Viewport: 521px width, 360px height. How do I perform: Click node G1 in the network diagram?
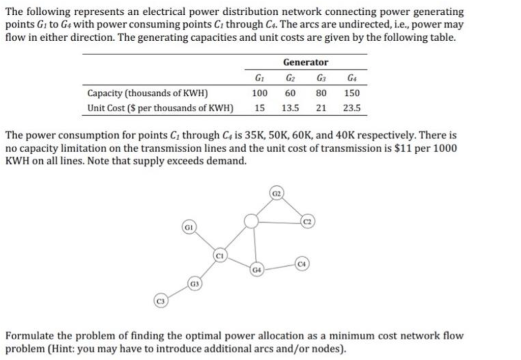[x=188, y=226]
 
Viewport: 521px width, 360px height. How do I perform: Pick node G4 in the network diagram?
[x=256, y=270]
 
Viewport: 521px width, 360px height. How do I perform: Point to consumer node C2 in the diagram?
[x=307, y=221]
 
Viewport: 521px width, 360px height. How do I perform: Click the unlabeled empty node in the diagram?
[x=250, y=221]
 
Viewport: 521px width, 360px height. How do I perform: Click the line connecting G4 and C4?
[x=279, y=267]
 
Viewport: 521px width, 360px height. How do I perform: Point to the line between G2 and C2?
[x=292, y=208]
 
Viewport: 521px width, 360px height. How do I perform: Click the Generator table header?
[x=306, y=62]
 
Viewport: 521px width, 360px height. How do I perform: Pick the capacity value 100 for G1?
[x=260, y=93]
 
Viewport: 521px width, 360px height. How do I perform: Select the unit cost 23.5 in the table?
[x=352, y=108]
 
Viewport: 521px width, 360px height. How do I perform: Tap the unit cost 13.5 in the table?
[x=290, y=108]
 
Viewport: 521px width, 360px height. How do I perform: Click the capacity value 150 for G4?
[x=352, y=93]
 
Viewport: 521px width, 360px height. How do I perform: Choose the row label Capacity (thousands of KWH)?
[x=148, y=93]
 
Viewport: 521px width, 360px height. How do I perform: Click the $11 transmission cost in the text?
[x=402, y=148]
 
